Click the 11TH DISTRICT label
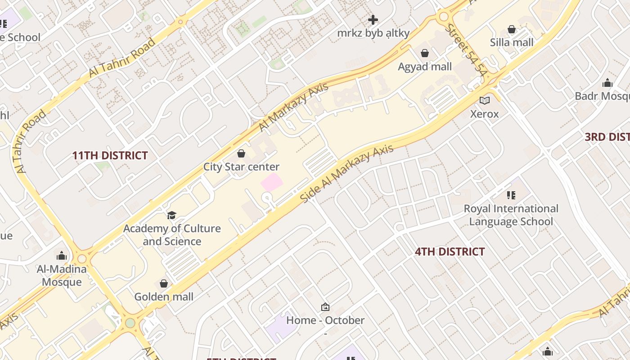click(x=110, y=156)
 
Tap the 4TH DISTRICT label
click(x=450, y=252)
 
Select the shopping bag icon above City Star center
click(x=241, y=153)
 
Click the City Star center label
click(x=241, y=167)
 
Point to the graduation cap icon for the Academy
click(x=171, y=215)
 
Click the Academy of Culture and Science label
click(x=172, y=235)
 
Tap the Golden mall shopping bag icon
click(x=164, y=283)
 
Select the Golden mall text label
click(x=164, y=297)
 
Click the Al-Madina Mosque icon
click(x=62, y=256)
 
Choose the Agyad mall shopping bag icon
click(x=424, y=54)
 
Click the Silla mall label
click(x=512, y=43)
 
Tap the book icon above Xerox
click(x=484, y=101)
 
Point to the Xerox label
click(x=484, y=114)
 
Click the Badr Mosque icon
click(x=607, y=83)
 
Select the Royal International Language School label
click(x=511, y=215)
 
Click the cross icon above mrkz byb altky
click(x=373, y=20)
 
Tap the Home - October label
click(x=325, y=320)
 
